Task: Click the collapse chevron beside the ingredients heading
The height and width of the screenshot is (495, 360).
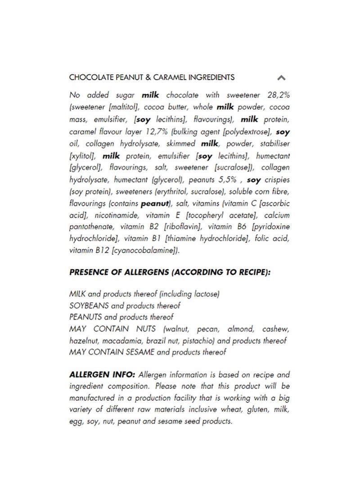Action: coord(281,77)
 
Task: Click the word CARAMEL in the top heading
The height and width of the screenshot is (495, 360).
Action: coord(171,77)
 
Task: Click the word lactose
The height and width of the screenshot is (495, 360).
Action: coord(206,294)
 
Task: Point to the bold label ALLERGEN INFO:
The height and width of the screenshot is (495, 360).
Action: coord(103,374)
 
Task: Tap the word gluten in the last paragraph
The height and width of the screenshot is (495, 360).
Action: coord(259,410)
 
